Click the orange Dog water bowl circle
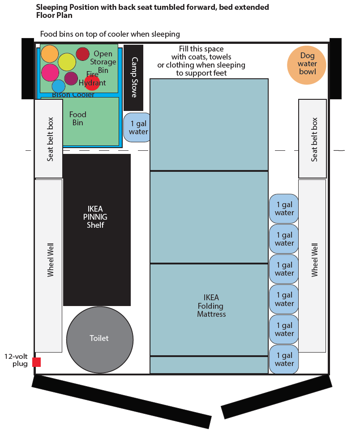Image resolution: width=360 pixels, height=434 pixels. (x=308, y=64)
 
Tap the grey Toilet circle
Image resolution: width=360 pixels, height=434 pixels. (x=99, y=339)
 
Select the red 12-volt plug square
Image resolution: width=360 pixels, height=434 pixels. (x=36, y=362)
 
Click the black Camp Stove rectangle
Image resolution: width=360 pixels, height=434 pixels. (x=133, y=77)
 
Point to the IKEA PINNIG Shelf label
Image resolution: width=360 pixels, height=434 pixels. (x=95, y=217)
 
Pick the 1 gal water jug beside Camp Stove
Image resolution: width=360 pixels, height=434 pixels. (x=138, y=128)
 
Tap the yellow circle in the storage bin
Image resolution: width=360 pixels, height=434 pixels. (x=67, y=62)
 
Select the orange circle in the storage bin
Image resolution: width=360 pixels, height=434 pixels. (x=50, y=54)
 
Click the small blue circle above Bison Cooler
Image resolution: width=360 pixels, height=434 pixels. (x=58, y=86)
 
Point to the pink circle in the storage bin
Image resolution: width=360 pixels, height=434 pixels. (x=50, y=72)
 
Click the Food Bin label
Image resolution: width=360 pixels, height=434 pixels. (x=77, y=119)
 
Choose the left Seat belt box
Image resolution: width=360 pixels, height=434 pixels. (x=49, y=139)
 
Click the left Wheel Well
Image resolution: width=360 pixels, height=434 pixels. (x=49, y=266)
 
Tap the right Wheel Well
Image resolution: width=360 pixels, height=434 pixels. (x=313, y=266)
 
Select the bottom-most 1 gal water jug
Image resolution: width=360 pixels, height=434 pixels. (x=284, y=359)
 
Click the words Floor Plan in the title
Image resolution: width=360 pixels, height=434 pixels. (x=55, y=15)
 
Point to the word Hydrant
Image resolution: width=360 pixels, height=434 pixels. (x=92, y=83)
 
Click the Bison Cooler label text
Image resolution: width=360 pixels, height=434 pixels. (x=73, y=94)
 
